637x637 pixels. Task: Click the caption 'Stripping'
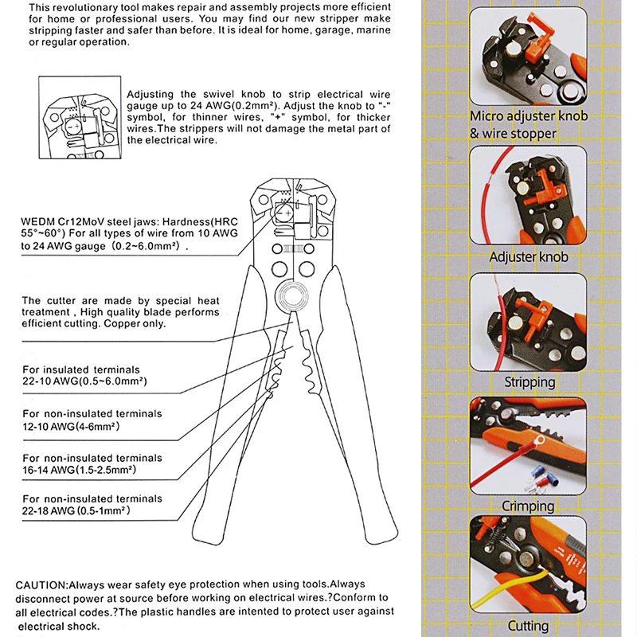(530, 382)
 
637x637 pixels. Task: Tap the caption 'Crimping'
(528, 506)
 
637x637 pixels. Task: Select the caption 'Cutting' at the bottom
(528, 626)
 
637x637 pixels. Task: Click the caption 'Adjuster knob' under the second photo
(529, 257)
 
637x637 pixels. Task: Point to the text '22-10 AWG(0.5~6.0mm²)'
(84, 381)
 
